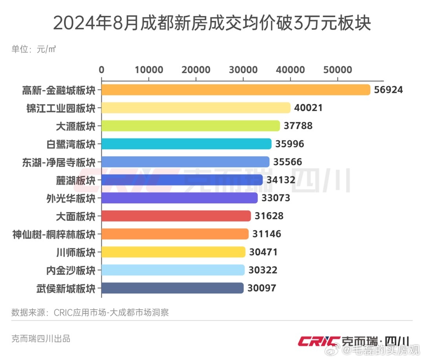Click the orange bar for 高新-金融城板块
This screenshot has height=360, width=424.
(x=236, y=90)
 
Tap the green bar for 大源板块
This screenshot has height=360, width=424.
(x=190, y=126)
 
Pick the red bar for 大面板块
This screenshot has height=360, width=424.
(x=176, y=216)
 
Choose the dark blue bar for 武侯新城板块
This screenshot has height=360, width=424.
(x=172, y=288)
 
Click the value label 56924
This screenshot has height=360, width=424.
(x=389, y=90)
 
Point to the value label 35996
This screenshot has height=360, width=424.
(x=290, y=144)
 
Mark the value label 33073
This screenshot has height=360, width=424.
(x=276, y=198)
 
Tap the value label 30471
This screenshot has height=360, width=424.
(x=263, y=252)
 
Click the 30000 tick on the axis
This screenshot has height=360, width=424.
(x=243, y=70)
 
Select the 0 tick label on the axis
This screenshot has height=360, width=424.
(x=102, y=70)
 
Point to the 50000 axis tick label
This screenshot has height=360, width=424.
(x=338, y=70)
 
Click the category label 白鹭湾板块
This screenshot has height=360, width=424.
(x=71, y=144)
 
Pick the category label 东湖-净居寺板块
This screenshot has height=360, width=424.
(x=59, y=162)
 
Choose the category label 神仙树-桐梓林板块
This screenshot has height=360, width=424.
(x=54, y=234)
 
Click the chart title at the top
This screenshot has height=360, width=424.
(x=212, y=24)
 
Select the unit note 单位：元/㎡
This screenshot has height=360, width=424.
(x=33, y=49)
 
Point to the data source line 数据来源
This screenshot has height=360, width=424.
(x=90, y=313)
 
